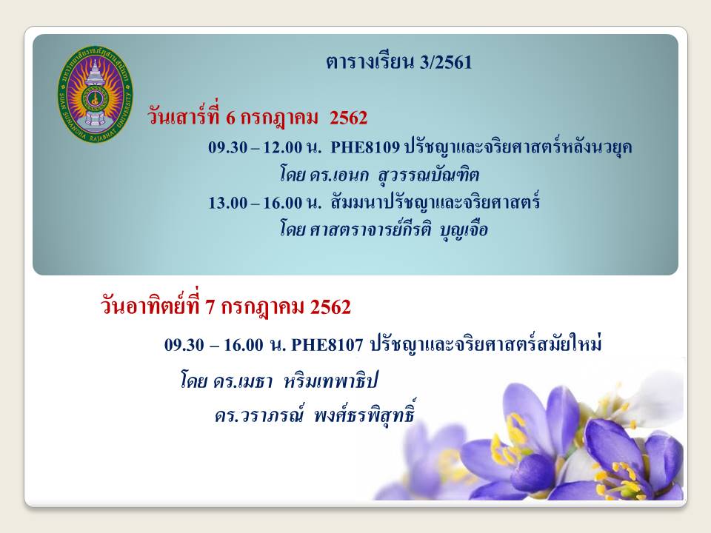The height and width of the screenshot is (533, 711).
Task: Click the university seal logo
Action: pyautogui.click(x=96, y=94)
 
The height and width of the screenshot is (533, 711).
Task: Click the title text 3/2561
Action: pyautogui.click(x=446, y=62)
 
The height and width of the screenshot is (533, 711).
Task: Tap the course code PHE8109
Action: pyautogui.click(x=365, y=147)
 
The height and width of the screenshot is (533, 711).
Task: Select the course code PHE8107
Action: pyautogui.click(x=327, y=345)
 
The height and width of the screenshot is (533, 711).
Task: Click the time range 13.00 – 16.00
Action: pyautogui.click(x=256, y=203)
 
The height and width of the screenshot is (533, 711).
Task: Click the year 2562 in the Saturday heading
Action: pyautogui.click(x=348, y=118)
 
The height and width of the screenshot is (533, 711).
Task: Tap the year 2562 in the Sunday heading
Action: pyautogui.click(x=330, y=307)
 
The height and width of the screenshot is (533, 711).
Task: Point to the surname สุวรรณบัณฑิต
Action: pyautogui.click(x=429, y=175)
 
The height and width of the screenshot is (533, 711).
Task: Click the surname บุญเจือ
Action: pyautogui.click(x=464, y=229)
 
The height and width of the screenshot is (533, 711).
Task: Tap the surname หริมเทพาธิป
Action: pyautogui.click(x=331, y=381)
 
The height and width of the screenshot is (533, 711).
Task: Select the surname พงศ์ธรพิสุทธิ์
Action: pyautogui.click(x=364, y=413)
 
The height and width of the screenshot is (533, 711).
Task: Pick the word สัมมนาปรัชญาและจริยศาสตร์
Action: pyautogui.click(x=435, y=202)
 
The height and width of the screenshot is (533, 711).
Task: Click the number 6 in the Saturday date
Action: pyautogui.click(x=230, y=118)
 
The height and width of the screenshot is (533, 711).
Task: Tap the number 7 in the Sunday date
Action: pyautogui.click(x=210, y=307)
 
